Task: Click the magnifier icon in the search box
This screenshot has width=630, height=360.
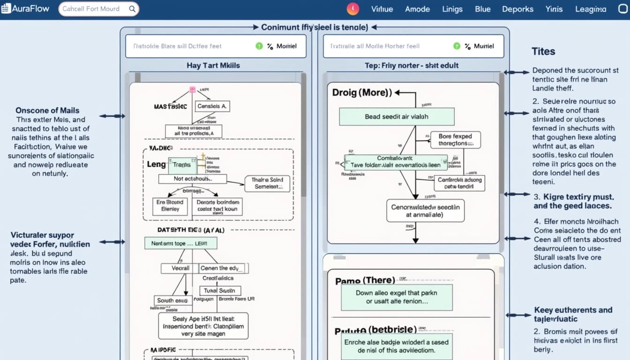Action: pos(132,9)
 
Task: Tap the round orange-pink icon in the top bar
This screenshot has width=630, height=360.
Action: pos(352,9)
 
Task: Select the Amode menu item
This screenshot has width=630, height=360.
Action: pos(417,9)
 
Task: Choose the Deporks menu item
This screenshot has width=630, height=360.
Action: pos(517,9)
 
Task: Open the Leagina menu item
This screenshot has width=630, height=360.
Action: pos(590,9)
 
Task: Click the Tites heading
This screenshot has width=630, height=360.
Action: pos(543,52)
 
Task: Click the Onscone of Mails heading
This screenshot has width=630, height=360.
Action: pos(47,111)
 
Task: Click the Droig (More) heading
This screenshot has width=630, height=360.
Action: pos(362,92)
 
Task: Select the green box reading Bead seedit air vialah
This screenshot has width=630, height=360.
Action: pos(397,117)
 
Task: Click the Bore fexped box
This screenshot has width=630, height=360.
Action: pos(455,140)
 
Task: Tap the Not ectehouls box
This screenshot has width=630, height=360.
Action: pos(193,179)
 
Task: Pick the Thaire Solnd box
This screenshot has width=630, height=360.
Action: pos(267,183)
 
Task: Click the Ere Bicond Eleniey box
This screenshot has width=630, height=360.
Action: pos(170,206)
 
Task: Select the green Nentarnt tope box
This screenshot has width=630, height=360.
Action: pos(180,243)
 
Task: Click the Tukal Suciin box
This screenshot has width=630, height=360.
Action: pos(219,291)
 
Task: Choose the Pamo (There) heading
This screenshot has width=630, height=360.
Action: pos(365,281)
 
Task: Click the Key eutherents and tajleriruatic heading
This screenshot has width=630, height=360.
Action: pos(573,314)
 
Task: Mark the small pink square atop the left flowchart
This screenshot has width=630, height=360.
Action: pos(192,90)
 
